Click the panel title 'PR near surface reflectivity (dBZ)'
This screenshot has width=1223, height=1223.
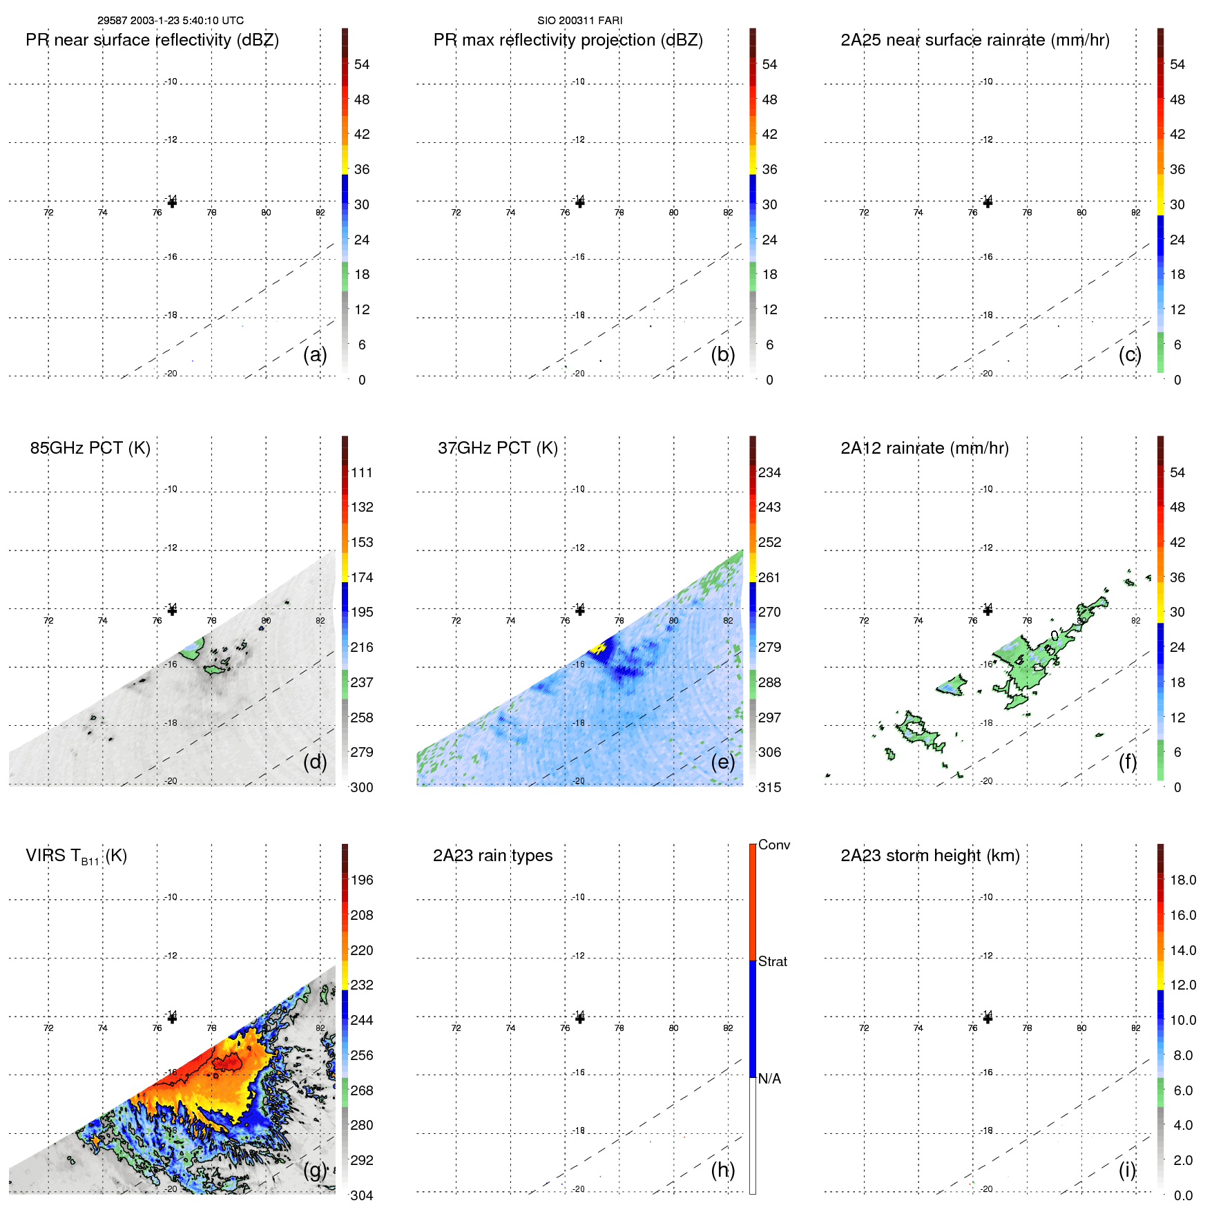pyautogui.click(x=152, y=40)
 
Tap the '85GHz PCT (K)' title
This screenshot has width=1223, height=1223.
pyautogui.click(x=90, y=448)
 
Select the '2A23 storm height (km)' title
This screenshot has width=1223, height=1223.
pyautogui.click(x=930, y=856)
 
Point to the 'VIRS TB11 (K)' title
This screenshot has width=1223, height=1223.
pyautogui.click(x=76, y=856)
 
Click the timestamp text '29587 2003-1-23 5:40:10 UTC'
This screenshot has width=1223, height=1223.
pyautogui.click(x=170, y=21)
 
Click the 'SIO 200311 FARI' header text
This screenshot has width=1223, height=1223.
pyautogui.click(x=579, y=21)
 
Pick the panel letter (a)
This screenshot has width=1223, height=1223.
pyautogui.click(x=315, y=355)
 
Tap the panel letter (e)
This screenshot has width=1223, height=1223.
pyautogui.click(x=722, y=762)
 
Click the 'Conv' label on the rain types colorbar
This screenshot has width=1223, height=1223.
pyautogui.click(x=773, y=845)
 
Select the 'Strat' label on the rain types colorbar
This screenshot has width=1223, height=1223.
pyautogui.click(x=772, y=961)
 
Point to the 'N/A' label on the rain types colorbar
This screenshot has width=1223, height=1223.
pyautogui.click(x=769, y=1079)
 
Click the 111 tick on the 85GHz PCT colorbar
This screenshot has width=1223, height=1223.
pyautogui.click(x=362, y=473)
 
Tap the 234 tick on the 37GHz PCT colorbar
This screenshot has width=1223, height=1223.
pyautogui.click(x=769, y=473)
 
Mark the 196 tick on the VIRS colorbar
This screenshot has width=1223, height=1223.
pyautogui.click(x=362, y=880)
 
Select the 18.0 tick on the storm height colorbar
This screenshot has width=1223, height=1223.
pyautogui.click(x=1183, y=880)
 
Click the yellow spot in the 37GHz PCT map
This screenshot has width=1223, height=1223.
pyautogui.click(x=597, y=648)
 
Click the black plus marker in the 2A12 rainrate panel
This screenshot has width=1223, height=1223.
pyautogui.click(x=988, y=610)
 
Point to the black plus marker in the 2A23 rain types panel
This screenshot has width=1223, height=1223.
pyautogui.click(x=580, y=1018)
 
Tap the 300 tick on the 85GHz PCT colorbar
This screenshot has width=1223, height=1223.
pyautogui.click(x=362, y=787)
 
